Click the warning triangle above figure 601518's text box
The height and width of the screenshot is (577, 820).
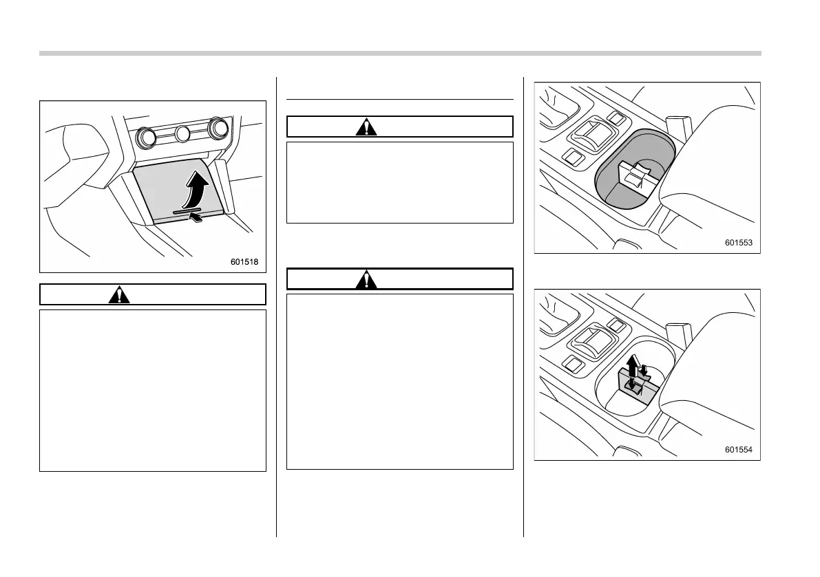click(120, 295)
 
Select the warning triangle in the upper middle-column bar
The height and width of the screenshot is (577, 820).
click(367, 127)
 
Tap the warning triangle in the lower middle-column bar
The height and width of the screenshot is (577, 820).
click(367, 279)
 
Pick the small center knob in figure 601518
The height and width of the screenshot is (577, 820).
click(182, 133)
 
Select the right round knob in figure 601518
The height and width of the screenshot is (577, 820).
click(218, 128)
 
